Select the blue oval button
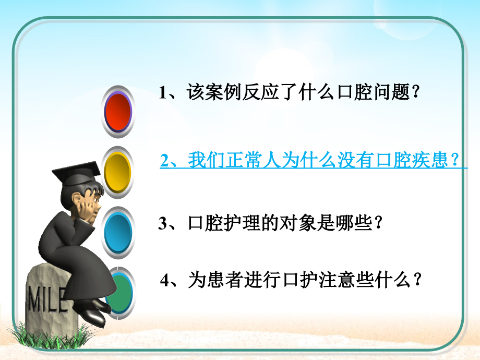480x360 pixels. click(x=118, y=231)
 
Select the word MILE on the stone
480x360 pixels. click(x=47, y=301)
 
